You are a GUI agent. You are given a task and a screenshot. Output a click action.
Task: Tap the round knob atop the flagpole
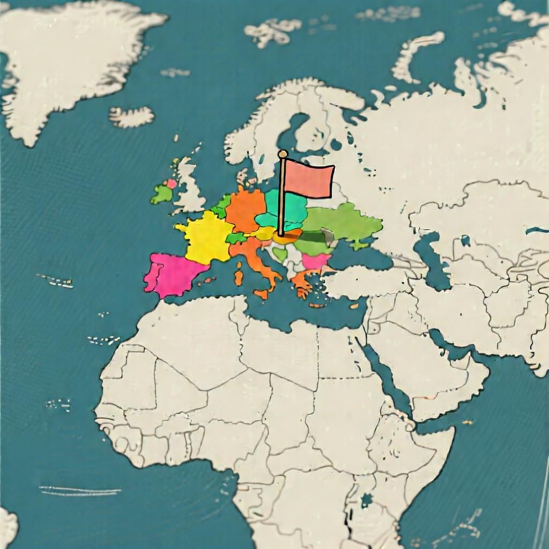[x=283, y=154]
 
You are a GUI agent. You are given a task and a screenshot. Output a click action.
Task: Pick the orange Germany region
[x=246, y=210]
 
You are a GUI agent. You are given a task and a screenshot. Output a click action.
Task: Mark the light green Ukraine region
[x=343, y=220]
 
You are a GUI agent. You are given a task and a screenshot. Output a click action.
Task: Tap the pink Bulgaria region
[x=315, y=261]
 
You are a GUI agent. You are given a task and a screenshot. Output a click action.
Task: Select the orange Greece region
[x=301, y=281]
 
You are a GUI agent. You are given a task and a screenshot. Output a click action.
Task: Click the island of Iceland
[x=131, y=116]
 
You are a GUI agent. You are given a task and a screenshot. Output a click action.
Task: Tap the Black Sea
[x=365, y=257]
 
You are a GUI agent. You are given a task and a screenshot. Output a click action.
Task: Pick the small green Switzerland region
[x=235, y=238]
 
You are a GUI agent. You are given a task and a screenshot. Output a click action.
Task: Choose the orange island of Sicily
[x=262, y=294]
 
